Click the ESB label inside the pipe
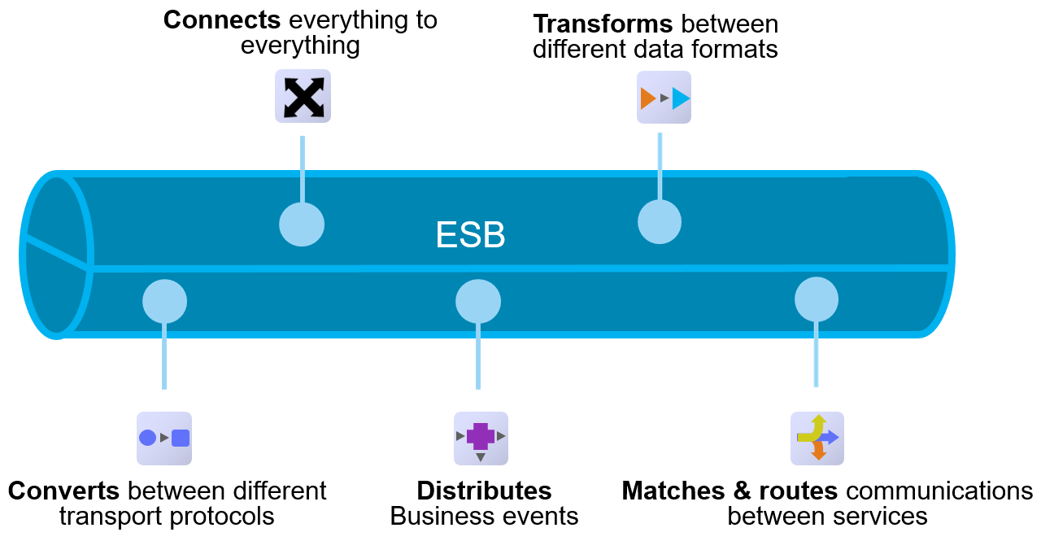pyautogui.click(x=470, y=235)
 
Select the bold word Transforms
pyautogui.click(x=603, y=24)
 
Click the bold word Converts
pyautogui.click(x=64, y=491)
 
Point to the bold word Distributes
pyautogui.click(x=484, y=491)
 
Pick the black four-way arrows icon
pyautogui.click(x=303, y=96)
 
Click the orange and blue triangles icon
pyautogui.click(x=664, y=98)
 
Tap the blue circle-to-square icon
pyautogui.click(x=164, y=438)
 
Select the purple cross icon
pyautogui.click(x=481, y=438)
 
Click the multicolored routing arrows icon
pyautogui.click(x=817, y=438)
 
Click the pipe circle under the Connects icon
pyautogui.click(x=302, y=224)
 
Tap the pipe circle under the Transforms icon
pyautogui.click(x=659, y=221)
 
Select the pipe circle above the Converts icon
pyautogui.click(x=164, y=302)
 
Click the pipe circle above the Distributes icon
pyautogui.click(x=478, y=302)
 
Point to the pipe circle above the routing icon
pyautogui.click(x=816, y=299)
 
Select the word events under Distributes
pyautogui.click(x=541, y=517)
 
